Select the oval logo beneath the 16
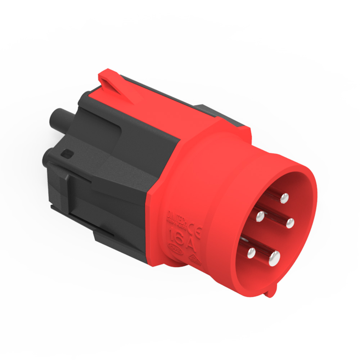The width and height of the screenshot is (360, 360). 175,248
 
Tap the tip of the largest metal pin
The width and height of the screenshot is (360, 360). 274,257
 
